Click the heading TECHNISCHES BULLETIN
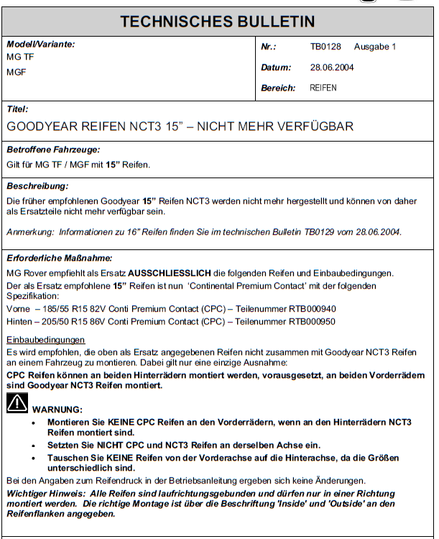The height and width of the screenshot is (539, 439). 218,21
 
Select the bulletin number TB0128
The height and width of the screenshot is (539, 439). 325,47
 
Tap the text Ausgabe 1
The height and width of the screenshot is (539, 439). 375,47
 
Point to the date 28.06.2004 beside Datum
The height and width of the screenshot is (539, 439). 332,68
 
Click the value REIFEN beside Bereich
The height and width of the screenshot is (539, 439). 323,88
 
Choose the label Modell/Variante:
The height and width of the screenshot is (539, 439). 40,45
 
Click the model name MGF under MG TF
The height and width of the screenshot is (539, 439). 17,73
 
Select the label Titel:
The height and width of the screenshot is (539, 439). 17,109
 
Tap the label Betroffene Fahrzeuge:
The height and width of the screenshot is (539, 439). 53,150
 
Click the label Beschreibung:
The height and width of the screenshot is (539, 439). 37,185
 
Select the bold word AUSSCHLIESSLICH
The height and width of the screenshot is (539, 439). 172,273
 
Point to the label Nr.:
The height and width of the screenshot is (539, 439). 268,47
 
